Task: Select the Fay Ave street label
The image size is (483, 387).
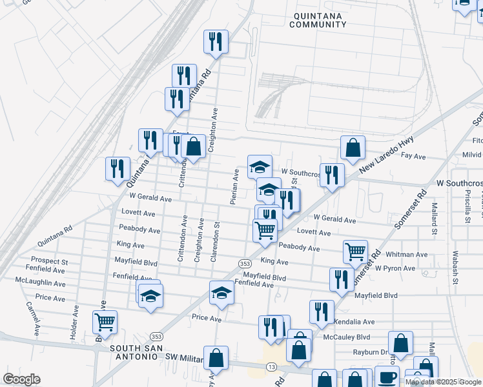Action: (x=414, y=156)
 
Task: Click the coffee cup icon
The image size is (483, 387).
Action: (x=387, y=377)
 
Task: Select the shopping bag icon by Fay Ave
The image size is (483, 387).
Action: (x=353, y=148)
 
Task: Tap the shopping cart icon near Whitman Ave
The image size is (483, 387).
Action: (x=355, y=252)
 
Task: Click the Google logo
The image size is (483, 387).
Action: (x=21, y=379)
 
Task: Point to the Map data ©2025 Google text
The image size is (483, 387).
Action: (x=444, y=382)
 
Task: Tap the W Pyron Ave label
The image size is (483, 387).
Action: (x=396, y=268)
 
